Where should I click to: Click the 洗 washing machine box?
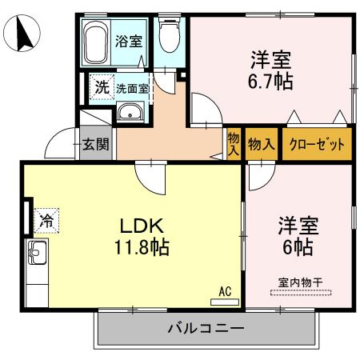[x=101, y=87]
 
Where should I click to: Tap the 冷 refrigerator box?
[x=47, y=218]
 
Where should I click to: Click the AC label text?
[x=225, y=293]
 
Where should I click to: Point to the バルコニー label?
[x=206, y=328]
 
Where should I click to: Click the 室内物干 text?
[x=299, y=282]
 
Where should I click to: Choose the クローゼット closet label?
[x=317, y=145]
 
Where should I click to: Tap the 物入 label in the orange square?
[x=262, y=145]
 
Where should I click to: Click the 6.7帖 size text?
[x=270, y=81]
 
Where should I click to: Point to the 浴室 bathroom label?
[x=128, y=39]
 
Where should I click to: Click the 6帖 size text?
[x=298, y=247]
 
